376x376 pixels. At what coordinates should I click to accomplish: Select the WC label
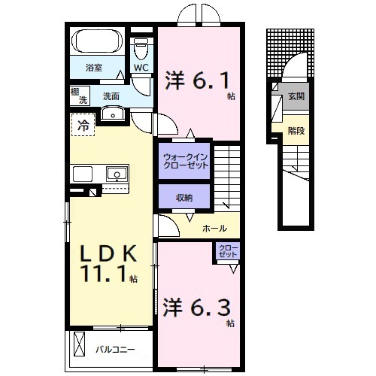[x=141, y=68]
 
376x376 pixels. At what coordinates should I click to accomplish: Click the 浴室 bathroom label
[x=93, y=68]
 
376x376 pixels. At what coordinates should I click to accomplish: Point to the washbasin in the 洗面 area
[x=113, y=114]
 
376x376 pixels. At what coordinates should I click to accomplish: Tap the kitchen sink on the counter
[x=116, y=174]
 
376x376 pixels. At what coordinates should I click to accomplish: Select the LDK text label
[x=104, y=252]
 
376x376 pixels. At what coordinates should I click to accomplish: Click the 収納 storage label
[x=184, y=198]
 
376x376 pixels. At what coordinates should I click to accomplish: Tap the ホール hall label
[x=214, y=228]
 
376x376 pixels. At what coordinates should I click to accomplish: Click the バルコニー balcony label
[x=114, y=348]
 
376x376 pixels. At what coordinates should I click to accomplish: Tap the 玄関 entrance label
[x=296, y=96]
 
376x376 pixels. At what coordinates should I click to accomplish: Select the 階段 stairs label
[x=296, y=130]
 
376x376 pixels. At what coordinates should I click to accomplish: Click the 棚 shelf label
[x=75, y=92]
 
